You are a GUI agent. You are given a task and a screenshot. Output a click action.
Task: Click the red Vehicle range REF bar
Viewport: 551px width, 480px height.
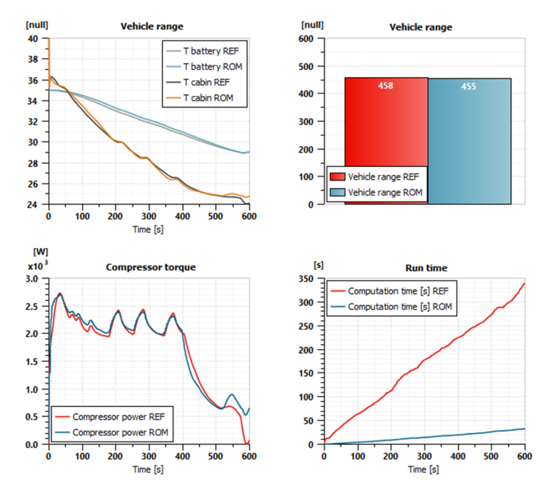386,129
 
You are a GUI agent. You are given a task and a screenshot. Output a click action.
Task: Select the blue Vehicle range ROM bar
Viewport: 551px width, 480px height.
469,129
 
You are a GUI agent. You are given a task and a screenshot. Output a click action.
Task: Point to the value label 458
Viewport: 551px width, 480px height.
386,86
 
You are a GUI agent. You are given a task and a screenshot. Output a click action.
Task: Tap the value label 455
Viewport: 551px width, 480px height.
468,87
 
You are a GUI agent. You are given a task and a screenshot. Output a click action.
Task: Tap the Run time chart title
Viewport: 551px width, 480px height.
426,268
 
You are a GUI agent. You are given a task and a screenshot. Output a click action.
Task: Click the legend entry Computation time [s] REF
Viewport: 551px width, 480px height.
402,291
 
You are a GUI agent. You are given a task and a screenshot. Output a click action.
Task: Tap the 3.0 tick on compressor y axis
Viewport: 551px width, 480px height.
32,279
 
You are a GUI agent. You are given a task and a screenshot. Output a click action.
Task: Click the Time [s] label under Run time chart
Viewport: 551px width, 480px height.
424,469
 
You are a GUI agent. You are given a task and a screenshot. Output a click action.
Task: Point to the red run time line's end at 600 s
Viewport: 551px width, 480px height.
525,283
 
